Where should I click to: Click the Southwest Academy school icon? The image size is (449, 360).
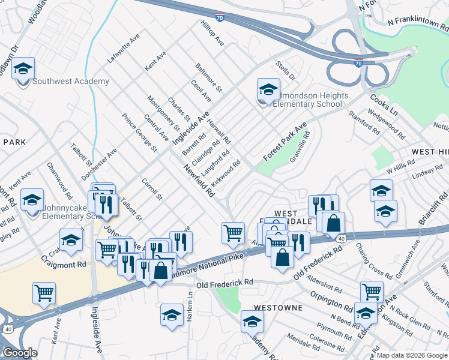(23, 68)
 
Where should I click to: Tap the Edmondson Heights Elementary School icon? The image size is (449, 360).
(268, 89)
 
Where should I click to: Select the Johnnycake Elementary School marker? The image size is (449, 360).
(32, 200)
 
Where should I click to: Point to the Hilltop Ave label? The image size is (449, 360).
(212, 35)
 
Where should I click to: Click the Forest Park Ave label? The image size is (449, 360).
(285, 142)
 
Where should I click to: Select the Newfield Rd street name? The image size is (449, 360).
(200, 182)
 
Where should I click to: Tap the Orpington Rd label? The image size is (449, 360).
(332, 301)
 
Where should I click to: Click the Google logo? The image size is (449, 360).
(20, 353)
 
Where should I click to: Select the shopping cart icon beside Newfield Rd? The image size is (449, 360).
(233, 233)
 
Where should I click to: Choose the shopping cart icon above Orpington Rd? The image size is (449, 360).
(372, 292)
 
